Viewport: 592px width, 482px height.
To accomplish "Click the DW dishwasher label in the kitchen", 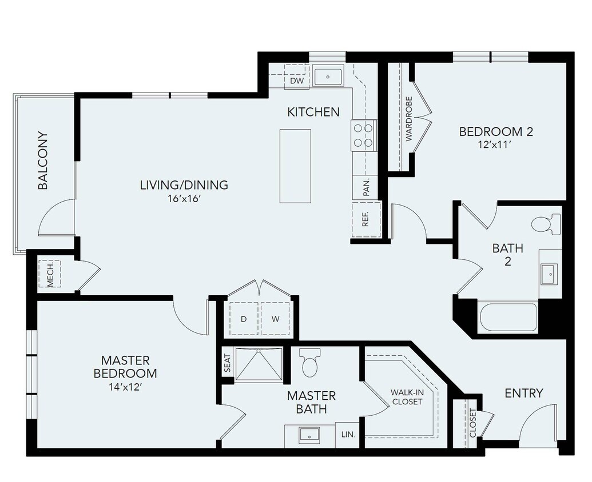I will (296, 81).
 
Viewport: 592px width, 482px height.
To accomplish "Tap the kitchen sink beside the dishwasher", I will (328, 76).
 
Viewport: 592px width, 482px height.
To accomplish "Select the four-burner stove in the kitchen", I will (363, 135).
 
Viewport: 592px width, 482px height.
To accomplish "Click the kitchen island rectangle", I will (295, 166).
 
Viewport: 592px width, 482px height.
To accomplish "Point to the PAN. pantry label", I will (366, 187).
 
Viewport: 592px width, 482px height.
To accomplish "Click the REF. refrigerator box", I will (365, 219).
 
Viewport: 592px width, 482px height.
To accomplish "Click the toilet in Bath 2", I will (546, 224).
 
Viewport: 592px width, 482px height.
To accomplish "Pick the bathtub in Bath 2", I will (508, 317).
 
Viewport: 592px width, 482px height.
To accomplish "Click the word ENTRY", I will (523, 393).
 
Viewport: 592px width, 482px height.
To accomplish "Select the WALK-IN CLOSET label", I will (407, 397).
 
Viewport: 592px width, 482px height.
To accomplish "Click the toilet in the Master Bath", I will (310, 363).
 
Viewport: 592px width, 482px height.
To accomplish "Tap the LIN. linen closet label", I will (348, 435).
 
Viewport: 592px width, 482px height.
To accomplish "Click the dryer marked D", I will (244, 319).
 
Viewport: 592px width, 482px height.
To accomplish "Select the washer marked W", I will (275, 319).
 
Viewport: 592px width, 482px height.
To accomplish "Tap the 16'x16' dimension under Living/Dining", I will (184, 199).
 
